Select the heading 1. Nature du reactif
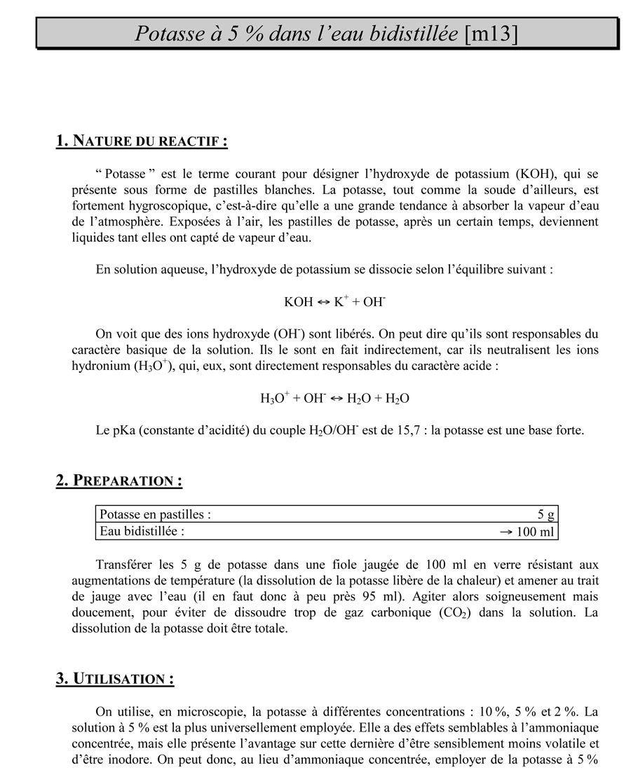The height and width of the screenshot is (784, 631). pyautogui.click(x=142, y=141)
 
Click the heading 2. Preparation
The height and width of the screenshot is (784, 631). pyautogui.click(x=119, y=481)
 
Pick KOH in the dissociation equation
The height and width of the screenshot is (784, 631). pyautogui.click(x=299, y=302)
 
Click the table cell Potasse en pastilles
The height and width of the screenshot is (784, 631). pyautogui.click(x=156, y=514)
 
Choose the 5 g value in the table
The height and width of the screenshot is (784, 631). pyautogui.click(x=546, y=515)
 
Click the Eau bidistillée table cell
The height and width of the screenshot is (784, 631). pyautogui.click(x=142, y=531)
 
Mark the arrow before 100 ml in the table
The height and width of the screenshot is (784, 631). pyautogui.click(x=506, y=532)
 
